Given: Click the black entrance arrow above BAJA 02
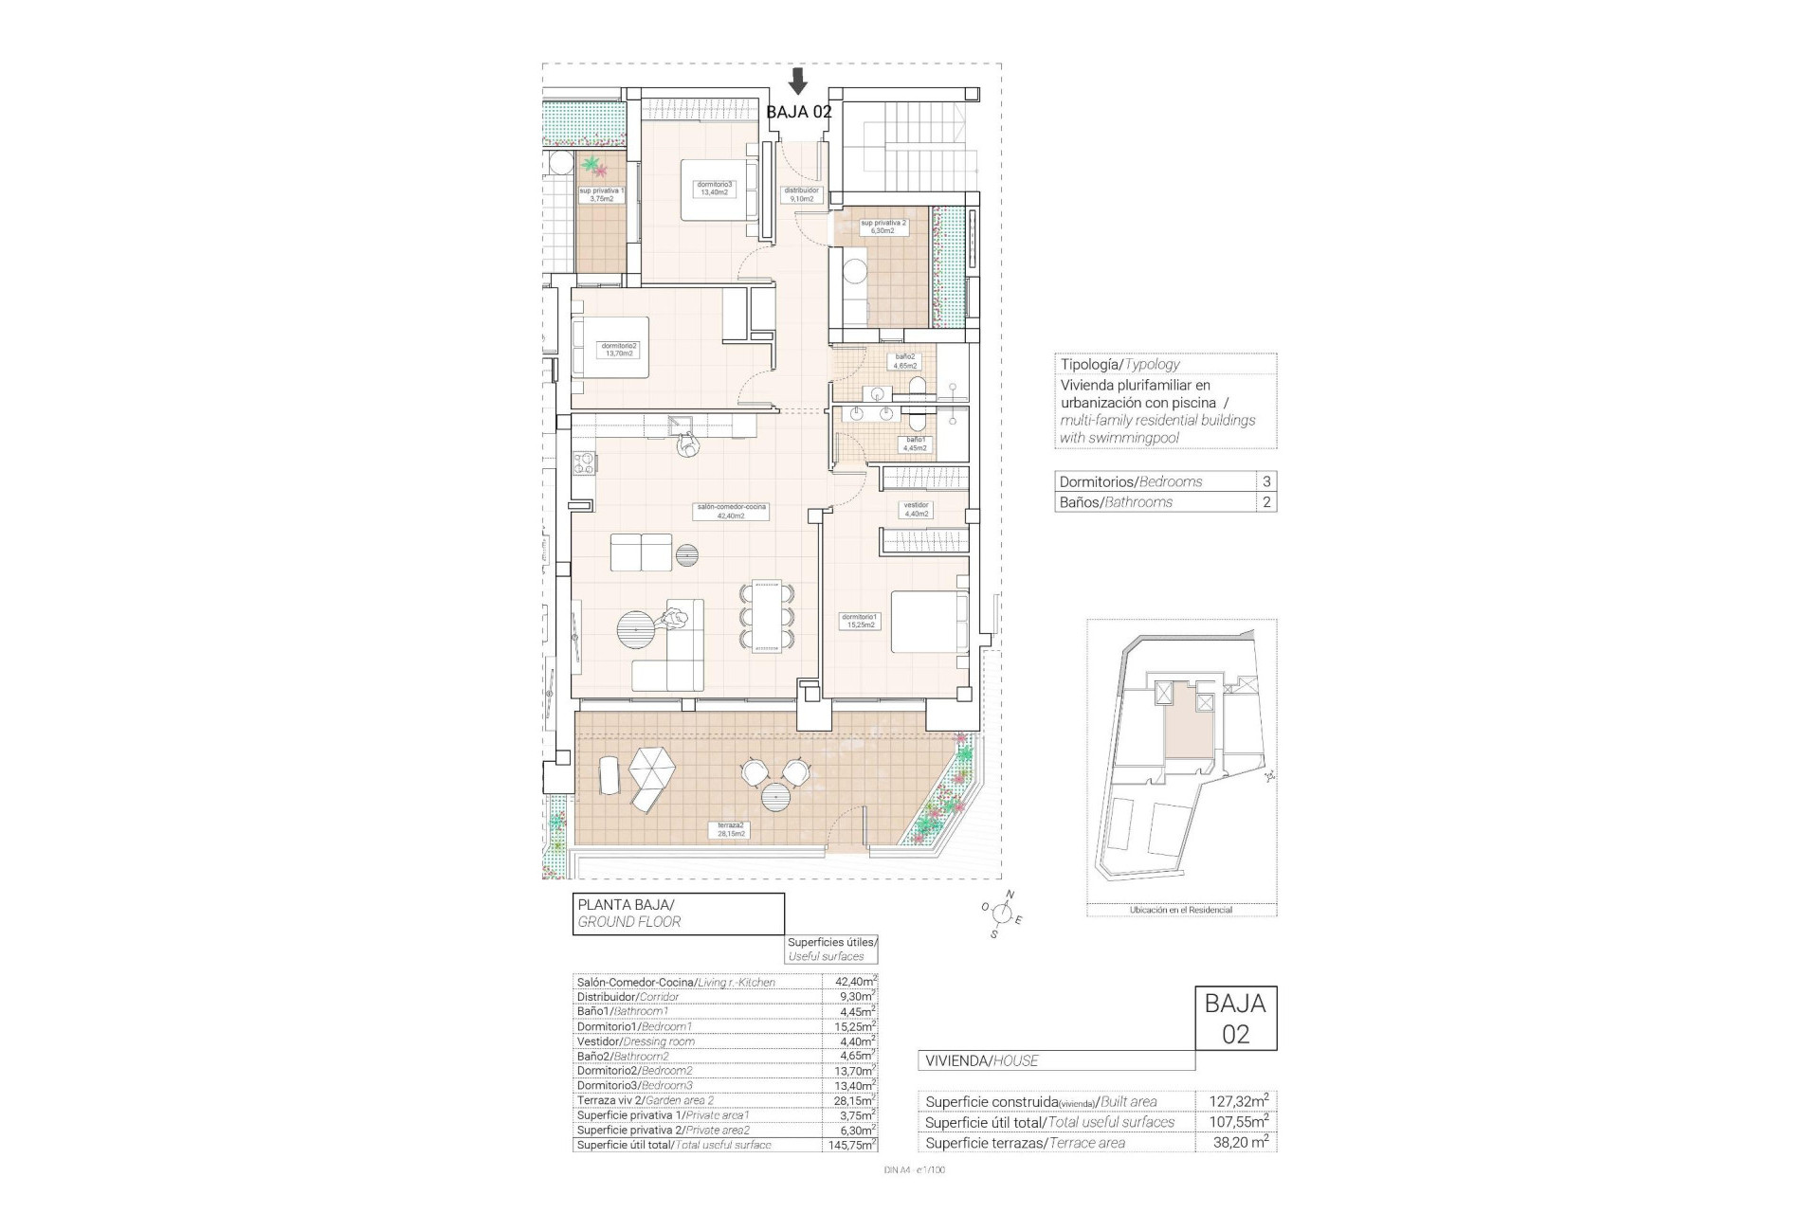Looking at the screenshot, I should (x=798, y=81).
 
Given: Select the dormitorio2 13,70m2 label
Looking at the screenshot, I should (x=619, y=350).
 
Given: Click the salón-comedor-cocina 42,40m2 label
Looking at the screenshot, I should (x=732, y=512).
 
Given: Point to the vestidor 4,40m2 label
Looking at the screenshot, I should (x=916, y=509).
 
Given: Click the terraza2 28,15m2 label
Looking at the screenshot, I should (x=730, y=830).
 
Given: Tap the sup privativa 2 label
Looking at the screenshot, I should (x=883, y=226).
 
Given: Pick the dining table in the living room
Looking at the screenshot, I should (x=768, y=617).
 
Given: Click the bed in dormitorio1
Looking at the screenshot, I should (x=929, y=623).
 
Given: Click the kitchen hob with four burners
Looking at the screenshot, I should (x=584, y=463).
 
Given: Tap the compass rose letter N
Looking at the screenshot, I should (x=1010, y=895).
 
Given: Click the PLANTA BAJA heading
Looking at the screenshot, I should (x=626, y=905).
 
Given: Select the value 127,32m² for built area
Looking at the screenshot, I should (x=1238, y=1101).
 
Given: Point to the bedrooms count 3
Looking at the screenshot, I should (x=1266, y=481).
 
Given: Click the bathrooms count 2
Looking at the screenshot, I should (x=1266, y=502).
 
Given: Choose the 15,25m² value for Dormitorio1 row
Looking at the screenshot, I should (x=848, y=1026).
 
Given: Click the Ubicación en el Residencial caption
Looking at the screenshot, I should (x=1181, y=910).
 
